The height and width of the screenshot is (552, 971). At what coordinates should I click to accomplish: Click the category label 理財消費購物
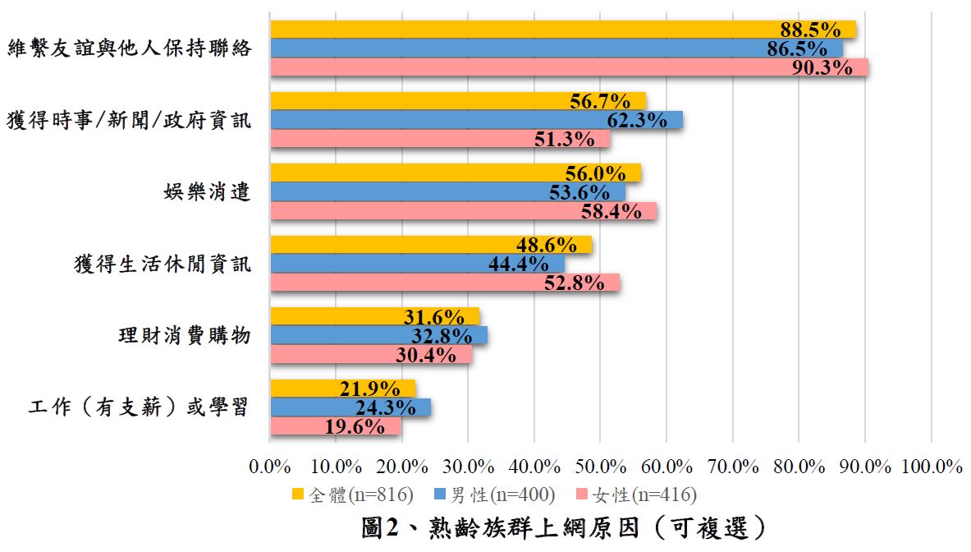[181, 336]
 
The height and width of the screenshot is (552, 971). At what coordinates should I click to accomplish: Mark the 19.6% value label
[355, 427]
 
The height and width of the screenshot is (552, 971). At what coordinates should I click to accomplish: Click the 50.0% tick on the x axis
[601, 467]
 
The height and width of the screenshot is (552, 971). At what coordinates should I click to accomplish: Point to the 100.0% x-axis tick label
[931, 467]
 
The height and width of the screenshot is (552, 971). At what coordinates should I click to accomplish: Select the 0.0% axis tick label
[270, 467]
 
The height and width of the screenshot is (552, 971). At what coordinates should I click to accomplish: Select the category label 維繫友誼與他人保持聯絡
[129, 48]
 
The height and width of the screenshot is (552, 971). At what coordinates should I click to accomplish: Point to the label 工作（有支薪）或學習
[139, 407]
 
